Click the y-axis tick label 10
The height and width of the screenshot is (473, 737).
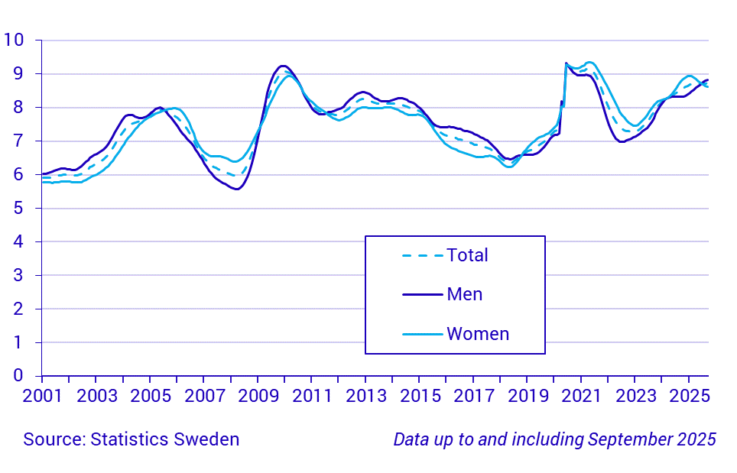13,40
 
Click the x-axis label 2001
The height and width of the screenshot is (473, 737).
42,397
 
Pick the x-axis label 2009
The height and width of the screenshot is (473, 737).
258,397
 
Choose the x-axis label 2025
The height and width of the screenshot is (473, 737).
689,397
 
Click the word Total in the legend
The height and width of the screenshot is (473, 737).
467,255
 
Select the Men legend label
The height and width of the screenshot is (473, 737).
464,294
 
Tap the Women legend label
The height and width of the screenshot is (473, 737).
478,334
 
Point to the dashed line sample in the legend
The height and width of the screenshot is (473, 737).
422,255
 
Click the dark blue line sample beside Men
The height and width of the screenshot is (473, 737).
422,294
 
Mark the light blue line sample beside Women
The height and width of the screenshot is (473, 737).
422,334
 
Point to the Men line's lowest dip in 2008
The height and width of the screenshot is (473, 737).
236,189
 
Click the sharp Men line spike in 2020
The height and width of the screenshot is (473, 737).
566,63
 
